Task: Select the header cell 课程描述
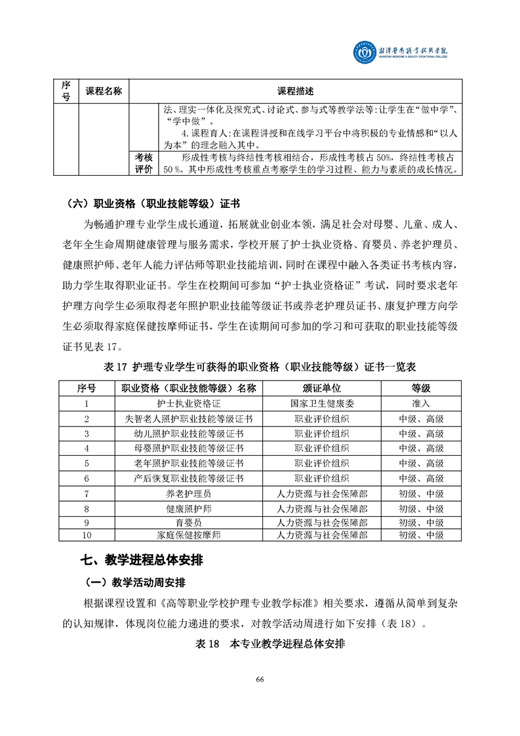[295, 91]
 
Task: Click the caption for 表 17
[260, 365]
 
